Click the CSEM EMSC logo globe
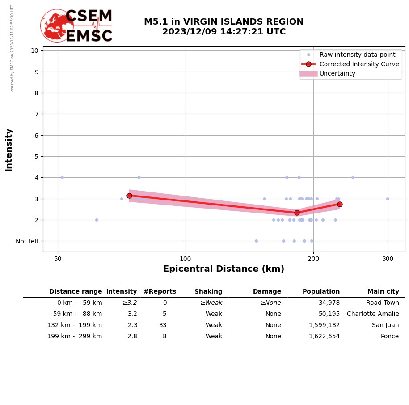tap(57, 26)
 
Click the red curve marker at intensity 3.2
tap(129, 196)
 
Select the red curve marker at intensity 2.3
tap(297, 213)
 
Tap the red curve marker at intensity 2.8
tap(340, 204)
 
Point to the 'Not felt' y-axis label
tap(27, 241)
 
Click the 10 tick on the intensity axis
tap(34, 51)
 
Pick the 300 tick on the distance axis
tap(388, 258)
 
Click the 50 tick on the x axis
tap(58, 258)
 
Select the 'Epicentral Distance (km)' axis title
tap(223, 269)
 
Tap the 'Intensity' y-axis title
tap(9, 149)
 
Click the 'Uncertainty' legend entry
tap(337, 73)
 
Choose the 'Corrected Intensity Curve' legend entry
tap(359, 64)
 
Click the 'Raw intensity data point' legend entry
tap(357, 55)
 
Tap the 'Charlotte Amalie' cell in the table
tap(373, 314)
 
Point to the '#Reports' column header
tap(160, 292)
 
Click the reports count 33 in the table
tap(163, 325)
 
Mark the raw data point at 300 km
tap(388, 199)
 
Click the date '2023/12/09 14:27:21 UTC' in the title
tap(224, 32)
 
